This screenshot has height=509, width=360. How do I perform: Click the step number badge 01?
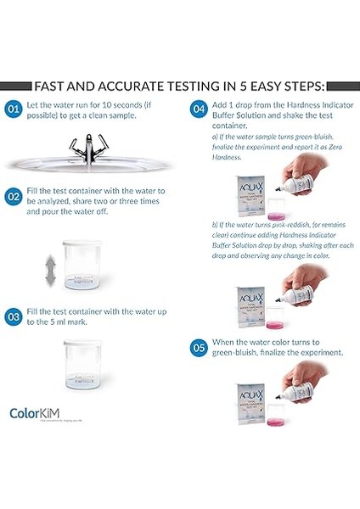tap(14, 109)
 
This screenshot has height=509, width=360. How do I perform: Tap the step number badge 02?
tap(14, 196)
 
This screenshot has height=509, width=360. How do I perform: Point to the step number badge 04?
tap(197, 109)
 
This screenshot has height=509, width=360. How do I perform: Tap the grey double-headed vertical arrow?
tap(50, 271)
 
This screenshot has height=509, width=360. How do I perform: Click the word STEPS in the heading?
tap(298, 86)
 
